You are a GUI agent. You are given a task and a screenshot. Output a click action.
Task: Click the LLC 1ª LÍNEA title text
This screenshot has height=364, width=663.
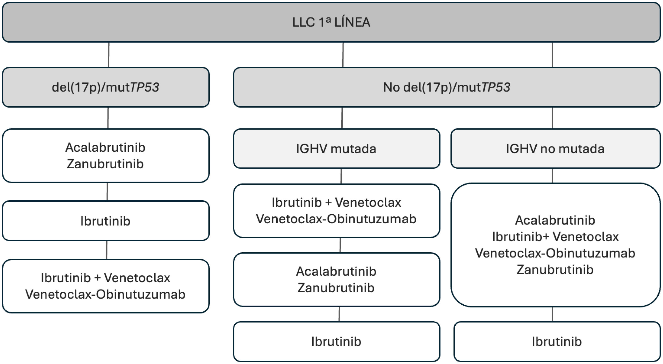coord(331,22)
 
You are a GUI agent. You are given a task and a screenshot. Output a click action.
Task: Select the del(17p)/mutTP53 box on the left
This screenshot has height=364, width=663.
coord(106,87)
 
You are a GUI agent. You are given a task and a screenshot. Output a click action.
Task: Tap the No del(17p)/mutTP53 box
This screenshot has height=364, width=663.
coord(446,87)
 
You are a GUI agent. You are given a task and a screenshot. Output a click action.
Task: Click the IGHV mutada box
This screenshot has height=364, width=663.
coord(336,149)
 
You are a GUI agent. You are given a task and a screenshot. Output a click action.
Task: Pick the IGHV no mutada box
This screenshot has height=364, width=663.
coord(555,149)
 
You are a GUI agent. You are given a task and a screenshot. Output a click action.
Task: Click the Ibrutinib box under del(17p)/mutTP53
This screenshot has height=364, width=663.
coord(106,221)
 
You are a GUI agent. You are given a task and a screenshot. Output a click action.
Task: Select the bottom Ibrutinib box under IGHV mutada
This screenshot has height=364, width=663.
coord(336,341)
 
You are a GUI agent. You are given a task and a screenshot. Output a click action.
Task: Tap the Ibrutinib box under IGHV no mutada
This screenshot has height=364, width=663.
coord(557,341)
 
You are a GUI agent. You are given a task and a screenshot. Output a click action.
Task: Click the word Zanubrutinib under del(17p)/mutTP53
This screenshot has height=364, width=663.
coord(105,164)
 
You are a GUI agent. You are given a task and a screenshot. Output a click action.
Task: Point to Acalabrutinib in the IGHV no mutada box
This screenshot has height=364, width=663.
coord(555,220)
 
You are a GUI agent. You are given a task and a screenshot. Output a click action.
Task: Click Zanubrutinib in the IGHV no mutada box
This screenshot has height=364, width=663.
coord(555,270)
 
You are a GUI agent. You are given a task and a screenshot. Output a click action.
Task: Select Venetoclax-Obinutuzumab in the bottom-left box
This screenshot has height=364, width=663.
coord(105,294)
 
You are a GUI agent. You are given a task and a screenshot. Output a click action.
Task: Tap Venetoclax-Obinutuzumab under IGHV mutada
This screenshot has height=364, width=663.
coord(336,219)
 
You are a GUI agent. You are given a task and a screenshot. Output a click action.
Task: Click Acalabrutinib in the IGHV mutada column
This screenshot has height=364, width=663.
coord(336,271)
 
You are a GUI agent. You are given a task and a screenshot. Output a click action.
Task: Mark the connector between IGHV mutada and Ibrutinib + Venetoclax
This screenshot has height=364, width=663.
coord(341,176)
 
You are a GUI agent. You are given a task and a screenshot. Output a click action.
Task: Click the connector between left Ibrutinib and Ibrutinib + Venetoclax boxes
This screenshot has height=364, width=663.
coord(106,250)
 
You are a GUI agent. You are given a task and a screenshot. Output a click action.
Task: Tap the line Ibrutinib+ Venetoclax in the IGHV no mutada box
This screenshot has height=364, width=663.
coord(555,236)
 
